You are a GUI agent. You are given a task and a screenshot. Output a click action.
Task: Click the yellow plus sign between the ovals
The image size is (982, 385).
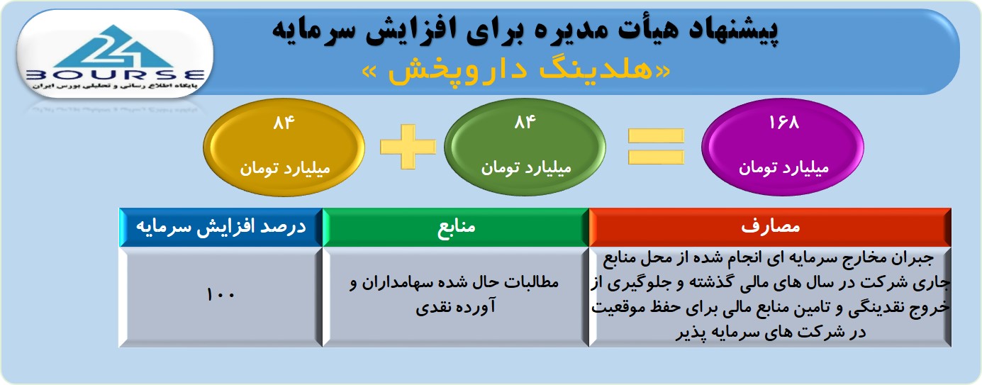pyautogui.click(x=408, y=147)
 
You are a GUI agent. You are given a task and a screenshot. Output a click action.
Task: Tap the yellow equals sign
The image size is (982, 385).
pyautogui.click(x=656, y=147)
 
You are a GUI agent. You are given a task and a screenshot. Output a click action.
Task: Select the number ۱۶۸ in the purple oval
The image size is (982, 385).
pyautogui.click(x=783, y=123)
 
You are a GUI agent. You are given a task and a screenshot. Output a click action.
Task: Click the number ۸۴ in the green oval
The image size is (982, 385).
pyautogui.click(x=525, y=123)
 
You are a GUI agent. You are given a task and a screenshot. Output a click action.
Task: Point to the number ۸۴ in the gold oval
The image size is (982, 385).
pyautogui.click(x=284, y=123)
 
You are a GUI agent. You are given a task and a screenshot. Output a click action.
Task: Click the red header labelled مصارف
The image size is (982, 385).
pyautogui.click(x=770, y=227)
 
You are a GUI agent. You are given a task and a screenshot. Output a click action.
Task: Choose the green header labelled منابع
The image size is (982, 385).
pyautogui.click(x=456, y=227)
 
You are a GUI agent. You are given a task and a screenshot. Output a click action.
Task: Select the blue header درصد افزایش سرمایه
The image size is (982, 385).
pyautogui.click(x=221, y=227)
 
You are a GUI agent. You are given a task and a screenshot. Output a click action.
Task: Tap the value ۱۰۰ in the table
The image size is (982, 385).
pyautogui.click(x=221, y=294)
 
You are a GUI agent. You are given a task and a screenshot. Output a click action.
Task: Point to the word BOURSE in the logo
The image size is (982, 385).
pyautogui.click(x=115, y=75)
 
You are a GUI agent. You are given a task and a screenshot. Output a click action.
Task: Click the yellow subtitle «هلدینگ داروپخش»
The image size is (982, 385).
pyautogui.click(x=516, y=71)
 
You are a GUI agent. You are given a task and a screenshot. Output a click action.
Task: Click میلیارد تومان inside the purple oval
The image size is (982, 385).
pyautogui.click(x=783, y=168)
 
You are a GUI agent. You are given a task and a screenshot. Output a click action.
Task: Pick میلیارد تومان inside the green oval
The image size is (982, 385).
pyautogui.click(x=525, y=168)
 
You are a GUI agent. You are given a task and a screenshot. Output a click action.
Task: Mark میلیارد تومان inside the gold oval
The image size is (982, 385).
pyautogui.click(x=284, y=169)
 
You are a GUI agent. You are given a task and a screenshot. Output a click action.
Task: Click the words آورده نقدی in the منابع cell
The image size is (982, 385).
pyautogui.click(x=456, y=306)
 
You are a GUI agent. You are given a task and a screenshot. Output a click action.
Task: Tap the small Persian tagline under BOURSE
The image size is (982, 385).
pyautogui.click(x=115, y=87)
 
